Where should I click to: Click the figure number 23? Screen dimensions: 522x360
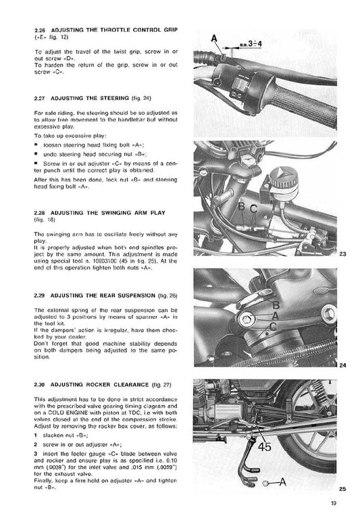(x=342, y=254)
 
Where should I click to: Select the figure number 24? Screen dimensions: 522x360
(x=342, y=365)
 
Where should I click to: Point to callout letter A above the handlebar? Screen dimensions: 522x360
(x=215, y=37)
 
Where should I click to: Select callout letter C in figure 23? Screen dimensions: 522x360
(x=254, y=209)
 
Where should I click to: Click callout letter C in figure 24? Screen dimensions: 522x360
(x=272, y=327)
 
